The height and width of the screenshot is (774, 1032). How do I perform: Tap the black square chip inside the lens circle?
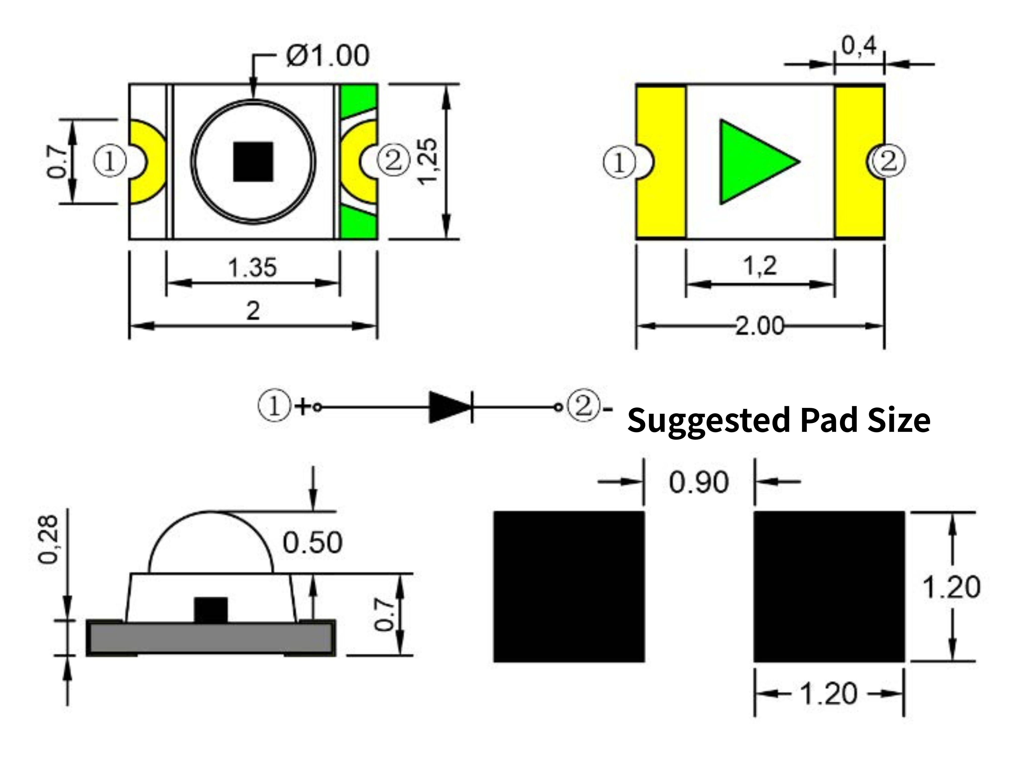(253, 162)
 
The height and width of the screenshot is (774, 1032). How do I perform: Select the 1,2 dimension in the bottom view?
(760, 266)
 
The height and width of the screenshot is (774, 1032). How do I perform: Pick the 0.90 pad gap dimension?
(698, 482)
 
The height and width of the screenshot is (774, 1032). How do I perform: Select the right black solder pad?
(829, 587)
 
